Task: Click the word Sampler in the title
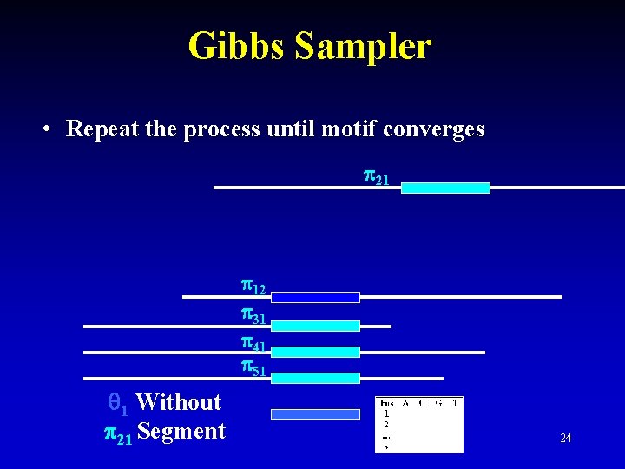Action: click(x=363, y=46)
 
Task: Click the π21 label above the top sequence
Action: click(x=376, y=179)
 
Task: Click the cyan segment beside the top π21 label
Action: click(x=445, y=188)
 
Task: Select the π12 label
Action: click(x=253, y=287)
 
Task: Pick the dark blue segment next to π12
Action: click(x=315, y=297)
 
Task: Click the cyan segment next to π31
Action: click(x=315, y=326)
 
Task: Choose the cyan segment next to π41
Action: click(x=315, y=352)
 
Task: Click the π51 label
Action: click(x=253, y=368)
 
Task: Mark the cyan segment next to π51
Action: click(x=315, y=378)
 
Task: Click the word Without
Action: click(x=178, y=402)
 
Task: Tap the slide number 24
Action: click(x=565, y=439)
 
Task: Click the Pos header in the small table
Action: click(x=387, y=403)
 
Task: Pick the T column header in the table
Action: click(x=455, y=403)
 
